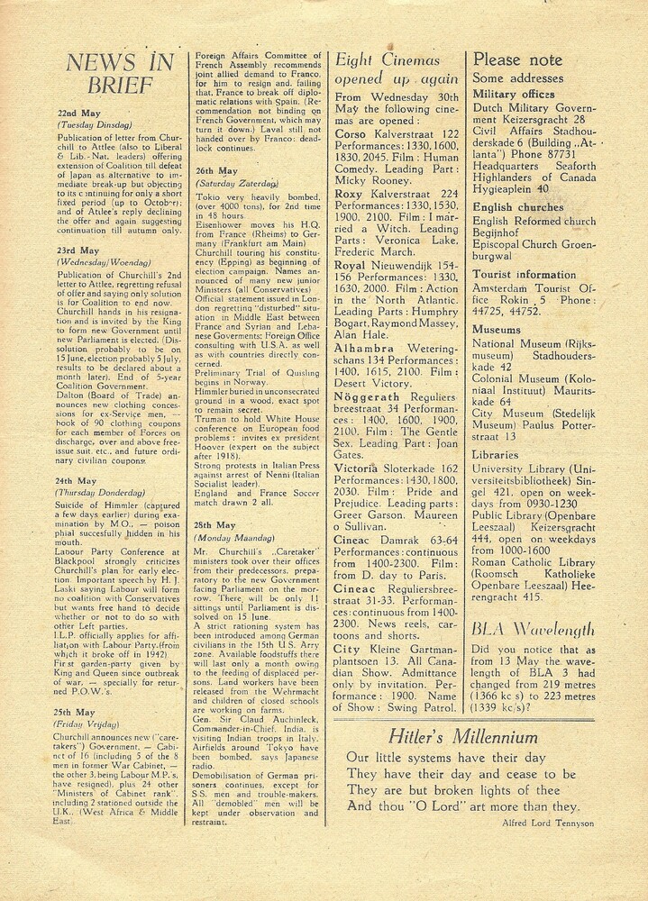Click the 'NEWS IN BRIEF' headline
point(119,74)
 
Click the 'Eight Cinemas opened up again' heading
point(397,69)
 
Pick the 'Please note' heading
point(517,60)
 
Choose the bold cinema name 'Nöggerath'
point(369,383)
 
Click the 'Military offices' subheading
point(514,94)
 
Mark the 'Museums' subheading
point(497,330)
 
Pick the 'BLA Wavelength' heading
point(534,630)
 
